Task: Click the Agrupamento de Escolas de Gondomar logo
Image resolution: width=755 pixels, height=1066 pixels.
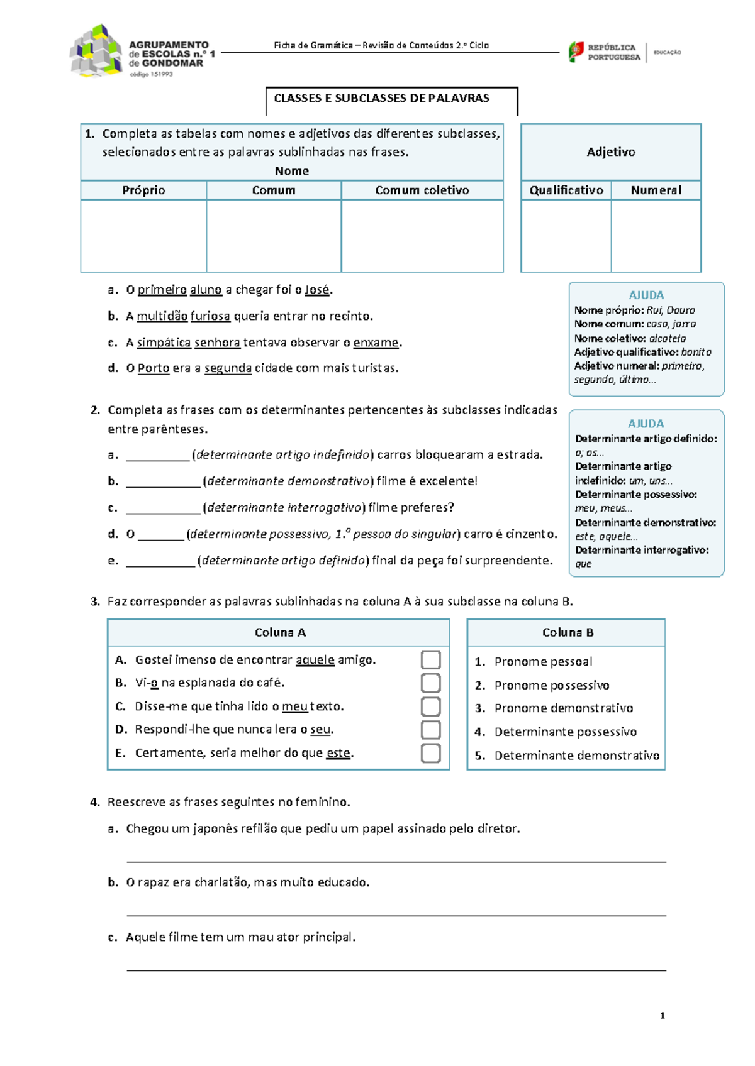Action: click(x=96, y=52)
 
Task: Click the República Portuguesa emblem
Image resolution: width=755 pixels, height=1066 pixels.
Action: click(x=576, y=52)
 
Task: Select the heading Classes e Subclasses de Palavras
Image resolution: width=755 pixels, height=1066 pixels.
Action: click(x=381, y=98)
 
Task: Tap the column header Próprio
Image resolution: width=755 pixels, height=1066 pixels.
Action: click(x=143, y=190)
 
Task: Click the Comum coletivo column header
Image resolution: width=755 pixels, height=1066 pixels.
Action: click(x=422, y=190)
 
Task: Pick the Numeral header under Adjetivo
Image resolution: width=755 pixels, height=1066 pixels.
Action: click(x=656, y=190)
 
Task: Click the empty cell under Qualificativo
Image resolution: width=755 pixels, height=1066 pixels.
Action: click(x=566, y=236)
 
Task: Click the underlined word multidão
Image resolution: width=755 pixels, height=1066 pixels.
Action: click(x=162, y=316)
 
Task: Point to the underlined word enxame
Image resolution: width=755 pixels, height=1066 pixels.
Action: click(x=376, y=343)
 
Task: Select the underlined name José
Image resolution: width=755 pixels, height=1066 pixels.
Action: click(x=317, y=290)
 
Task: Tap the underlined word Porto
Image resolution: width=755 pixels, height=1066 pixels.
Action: click(x=154, y=368)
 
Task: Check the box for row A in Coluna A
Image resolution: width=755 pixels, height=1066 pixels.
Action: click(x=430, y=660)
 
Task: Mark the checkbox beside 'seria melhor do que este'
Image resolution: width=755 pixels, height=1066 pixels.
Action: click(x=430, y=753)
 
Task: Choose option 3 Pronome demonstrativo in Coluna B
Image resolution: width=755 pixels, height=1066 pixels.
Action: click(x=563, y=708)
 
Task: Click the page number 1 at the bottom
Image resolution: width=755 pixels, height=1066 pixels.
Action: click(x=663, y=1016)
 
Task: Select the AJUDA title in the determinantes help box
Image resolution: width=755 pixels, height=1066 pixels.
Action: click(x=646, y=424)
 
